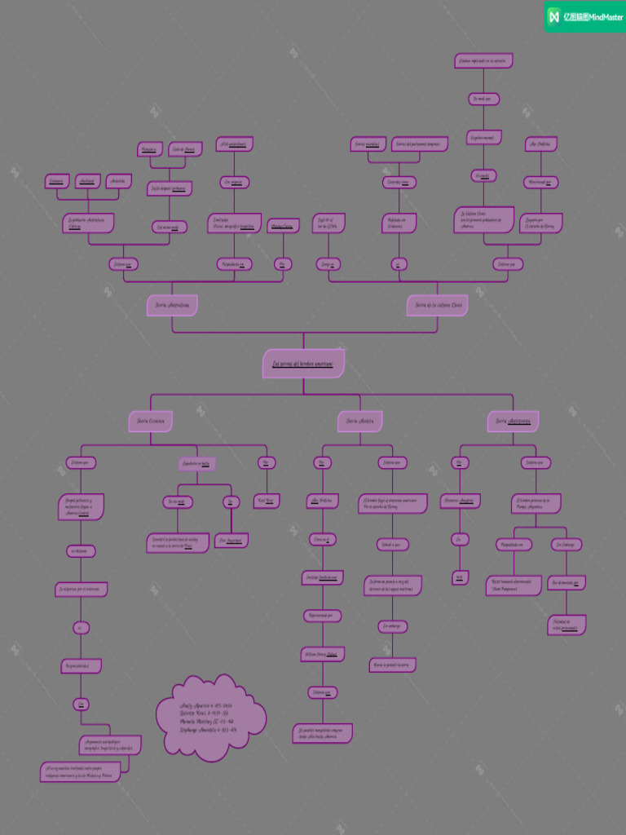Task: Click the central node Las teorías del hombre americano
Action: coord(303,364)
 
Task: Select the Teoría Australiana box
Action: coord(172,305)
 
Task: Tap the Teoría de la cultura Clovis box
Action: coord(438,305)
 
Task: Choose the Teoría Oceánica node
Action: coord(151,421)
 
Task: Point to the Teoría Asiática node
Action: coord(359,421)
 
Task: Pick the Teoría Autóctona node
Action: coord(513,421)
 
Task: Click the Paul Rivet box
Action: coord(267,500)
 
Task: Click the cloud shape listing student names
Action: coord(209,718)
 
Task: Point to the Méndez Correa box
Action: coord(283,225)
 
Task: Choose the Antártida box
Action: coord(118,180)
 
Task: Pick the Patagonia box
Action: coord(148,149)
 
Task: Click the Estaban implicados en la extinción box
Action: coord(483,60)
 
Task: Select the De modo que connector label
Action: coord(483,99)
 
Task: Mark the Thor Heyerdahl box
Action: coord(231,540)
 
